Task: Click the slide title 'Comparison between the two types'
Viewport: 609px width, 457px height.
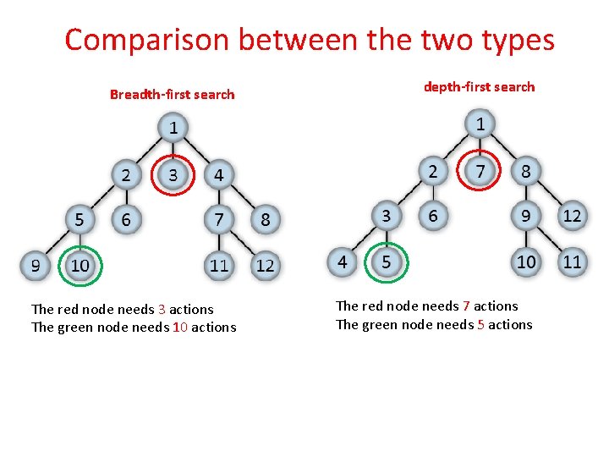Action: tap(309, 40)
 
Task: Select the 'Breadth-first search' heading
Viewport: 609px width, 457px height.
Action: tap(172, 94)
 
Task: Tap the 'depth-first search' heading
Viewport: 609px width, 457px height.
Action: tap(479, 86)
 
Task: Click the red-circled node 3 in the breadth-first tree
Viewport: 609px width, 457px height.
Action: tap(173, 175)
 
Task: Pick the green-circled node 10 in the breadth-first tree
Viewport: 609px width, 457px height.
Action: tap(80, 265)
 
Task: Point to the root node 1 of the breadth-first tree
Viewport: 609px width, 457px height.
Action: tap(173, 129)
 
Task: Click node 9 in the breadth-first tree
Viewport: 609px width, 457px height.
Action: tap(35, 265)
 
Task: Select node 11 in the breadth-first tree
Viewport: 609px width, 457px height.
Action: tap(219, 265)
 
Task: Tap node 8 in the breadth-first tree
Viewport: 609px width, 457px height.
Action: tap(266, 220)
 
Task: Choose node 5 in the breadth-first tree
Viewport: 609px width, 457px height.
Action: tap(80, 220)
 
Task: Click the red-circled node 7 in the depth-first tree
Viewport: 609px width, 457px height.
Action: tap(480, 171)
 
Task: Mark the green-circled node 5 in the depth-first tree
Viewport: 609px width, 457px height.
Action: tap(387, 262)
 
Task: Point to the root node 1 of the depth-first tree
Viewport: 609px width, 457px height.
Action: tap(480, 124)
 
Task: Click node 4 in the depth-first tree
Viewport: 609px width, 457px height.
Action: tap(342, 262)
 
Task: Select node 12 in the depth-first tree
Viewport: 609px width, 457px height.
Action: tap(572, 216)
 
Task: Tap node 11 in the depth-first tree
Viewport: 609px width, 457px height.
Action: tap(572, 262)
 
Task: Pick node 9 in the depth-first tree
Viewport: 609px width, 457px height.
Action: tap(526, 216)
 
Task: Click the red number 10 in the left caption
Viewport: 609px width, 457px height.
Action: tap(179, 328)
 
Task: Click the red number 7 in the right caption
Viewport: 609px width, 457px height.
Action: tap(466, 306)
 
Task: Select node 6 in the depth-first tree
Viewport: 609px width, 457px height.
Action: tap(433, 216)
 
